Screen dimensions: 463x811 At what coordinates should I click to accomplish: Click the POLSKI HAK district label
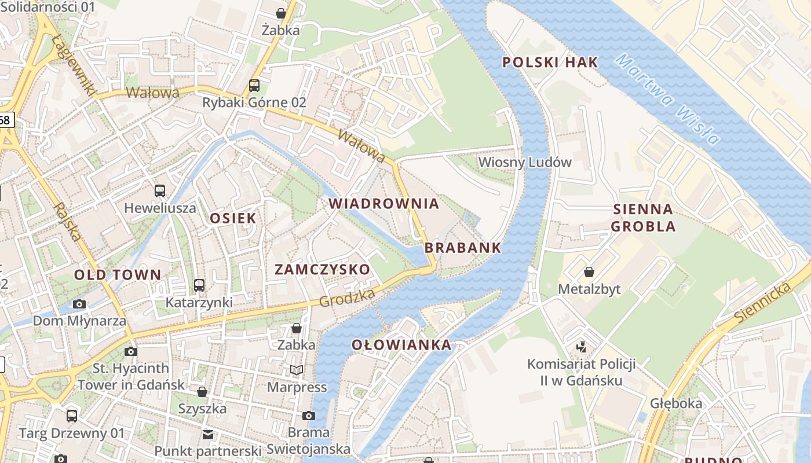click(x=550, y=63)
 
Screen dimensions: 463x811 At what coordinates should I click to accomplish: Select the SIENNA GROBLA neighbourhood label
click(x=643, y=218)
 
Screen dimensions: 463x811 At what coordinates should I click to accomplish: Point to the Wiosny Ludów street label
click(x=525, y=162)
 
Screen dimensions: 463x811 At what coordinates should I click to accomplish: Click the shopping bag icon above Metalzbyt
click(x=589, y=271)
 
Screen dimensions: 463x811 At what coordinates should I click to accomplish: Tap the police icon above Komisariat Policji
click(x=581, y=347)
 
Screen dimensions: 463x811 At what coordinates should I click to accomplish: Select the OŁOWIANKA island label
click(x=401, y=345)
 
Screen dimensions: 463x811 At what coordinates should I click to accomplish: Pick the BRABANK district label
click(x=463, y=248)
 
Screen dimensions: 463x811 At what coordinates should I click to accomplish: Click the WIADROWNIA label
click(x=384, y=204)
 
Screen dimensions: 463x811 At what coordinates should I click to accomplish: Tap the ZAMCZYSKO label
click(x=322, y=269)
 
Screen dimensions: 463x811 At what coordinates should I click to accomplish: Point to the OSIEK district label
click(x=233, y=218)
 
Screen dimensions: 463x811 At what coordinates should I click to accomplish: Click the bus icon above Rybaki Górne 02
click(x=254, y=86)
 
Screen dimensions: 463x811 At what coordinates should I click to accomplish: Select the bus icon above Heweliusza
click(x=160, y=190)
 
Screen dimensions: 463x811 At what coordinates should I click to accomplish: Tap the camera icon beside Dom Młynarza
click(x=79, y=304)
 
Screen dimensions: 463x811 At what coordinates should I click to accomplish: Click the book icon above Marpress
click(x=297, y=370)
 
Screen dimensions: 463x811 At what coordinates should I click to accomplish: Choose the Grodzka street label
click(x=347, y=298)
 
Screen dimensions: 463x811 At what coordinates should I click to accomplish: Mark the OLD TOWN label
click(x=118, y=275)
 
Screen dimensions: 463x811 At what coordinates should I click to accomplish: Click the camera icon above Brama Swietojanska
click(x=309, y=416)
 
